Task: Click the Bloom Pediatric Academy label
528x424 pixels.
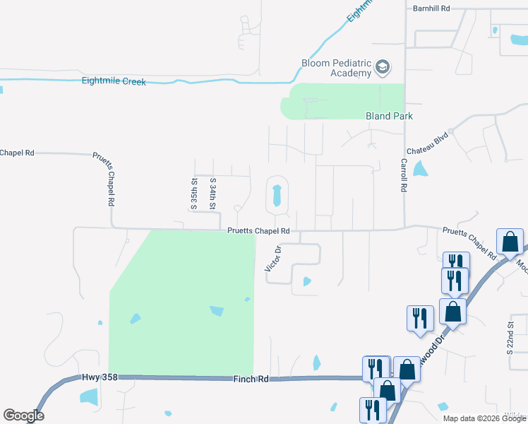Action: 336,68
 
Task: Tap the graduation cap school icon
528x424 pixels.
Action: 383,68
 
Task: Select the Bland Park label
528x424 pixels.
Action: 388,116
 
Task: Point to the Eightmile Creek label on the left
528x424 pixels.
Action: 114,82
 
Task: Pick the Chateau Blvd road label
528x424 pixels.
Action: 428,143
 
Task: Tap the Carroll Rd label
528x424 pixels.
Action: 404,175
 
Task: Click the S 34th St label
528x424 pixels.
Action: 212,193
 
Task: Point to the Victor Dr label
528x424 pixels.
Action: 273,259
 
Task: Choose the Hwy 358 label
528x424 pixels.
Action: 98,378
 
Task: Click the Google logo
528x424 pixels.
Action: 23,416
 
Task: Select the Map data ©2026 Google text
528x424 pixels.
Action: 484,418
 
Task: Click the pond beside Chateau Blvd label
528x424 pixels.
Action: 421,169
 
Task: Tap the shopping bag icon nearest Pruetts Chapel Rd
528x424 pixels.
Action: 509,242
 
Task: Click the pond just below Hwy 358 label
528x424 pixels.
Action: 90,396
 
